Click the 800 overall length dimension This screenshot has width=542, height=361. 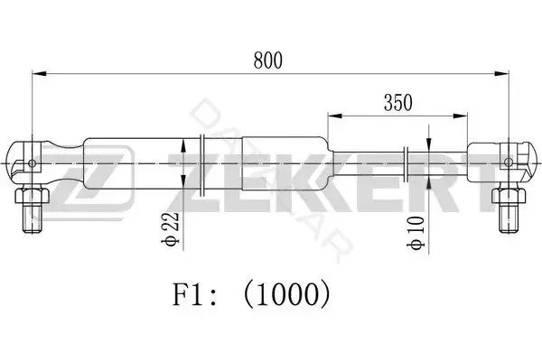click(x=268, y=60)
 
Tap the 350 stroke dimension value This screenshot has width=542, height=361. click(x=397, y=103)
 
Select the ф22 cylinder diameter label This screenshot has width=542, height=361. click(x=171, y=229)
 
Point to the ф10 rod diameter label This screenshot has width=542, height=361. click(x=416, y=233)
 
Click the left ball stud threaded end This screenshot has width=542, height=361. click(x=33, y=218)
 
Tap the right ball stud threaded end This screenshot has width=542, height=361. click(x=509, y=218)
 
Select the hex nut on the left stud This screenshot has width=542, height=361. click(x=33, y=195)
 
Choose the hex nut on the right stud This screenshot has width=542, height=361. click(x=509, y=195)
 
